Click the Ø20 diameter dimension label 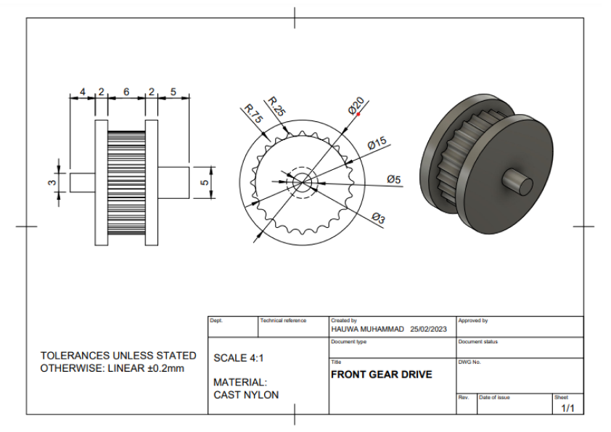pos(356,106)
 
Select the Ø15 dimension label pos(377,144)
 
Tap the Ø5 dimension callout pos(394,179)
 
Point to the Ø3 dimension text pos(379,218)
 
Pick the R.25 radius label pos(276,106)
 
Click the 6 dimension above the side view pos(126,91)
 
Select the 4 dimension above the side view pos(83,91)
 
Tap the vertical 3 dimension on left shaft pos(52,182)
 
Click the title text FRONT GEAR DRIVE pos(381,375)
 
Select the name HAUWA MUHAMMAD pos(367,329)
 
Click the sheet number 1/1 pos(567,408)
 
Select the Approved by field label pos(473,320)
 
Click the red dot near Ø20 pos(358,114)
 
